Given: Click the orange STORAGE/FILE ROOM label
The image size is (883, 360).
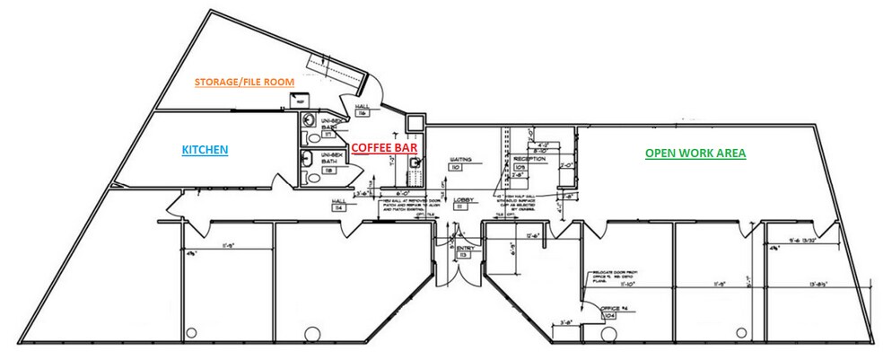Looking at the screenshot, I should click(x=245, y=82).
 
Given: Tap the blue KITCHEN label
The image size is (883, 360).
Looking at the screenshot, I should click(x=205, y=149).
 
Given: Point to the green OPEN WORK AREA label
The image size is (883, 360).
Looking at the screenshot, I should click(x=695, y=154).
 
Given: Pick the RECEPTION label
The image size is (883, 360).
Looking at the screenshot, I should click(x=529, y=159).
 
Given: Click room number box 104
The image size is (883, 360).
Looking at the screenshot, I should click(x=610, y=315).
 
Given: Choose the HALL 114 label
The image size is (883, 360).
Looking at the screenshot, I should click(x=339, y=204).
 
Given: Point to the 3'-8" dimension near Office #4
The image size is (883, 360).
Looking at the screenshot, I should click(x=567, y=320).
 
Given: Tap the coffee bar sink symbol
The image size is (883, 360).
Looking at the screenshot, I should click(x=415, y=163).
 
